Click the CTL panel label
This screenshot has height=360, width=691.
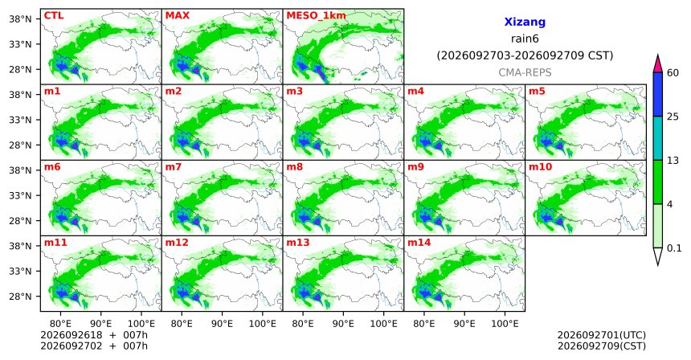click(x=54, y=16)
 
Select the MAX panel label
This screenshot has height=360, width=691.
click(x=177, y=16)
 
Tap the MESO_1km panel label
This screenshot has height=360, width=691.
click(x=316, y=16)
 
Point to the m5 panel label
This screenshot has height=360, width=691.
click(x=537, y=92)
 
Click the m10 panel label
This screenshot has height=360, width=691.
click(x=540, y=167)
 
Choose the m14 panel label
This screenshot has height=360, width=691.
click(x=419, y=243)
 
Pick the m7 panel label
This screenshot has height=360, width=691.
click(x=174, y=167)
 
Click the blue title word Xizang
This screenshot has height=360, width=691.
click(x=525, y=22)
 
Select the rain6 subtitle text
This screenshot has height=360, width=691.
click(x=525, y=39)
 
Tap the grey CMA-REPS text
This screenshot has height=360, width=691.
click(x=525, y=72)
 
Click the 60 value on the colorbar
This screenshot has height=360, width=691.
click(x=673, y=73)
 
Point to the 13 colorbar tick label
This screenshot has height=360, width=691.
click(x=673, y=161)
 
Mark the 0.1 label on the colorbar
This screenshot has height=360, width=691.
click(x=674, y=248)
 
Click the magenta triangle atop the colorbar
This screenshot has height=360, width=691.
click(x=658, y=64)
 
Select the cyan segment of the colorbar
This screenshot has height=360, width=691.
click(x=658, y=138)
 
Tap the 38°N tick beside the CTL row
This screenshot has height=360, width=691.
click(x=21, y=19)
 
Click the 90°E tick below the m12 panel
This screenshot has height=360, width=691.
click(x=222, y=324)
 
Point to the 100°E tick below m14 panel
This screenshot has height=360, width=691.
click(x=505, y=324)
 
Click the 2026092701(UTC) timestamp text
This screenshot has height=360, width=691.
click(x=602, y=336)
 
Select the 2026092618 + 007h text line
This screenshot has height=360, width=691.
click(x=94, y=335)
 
